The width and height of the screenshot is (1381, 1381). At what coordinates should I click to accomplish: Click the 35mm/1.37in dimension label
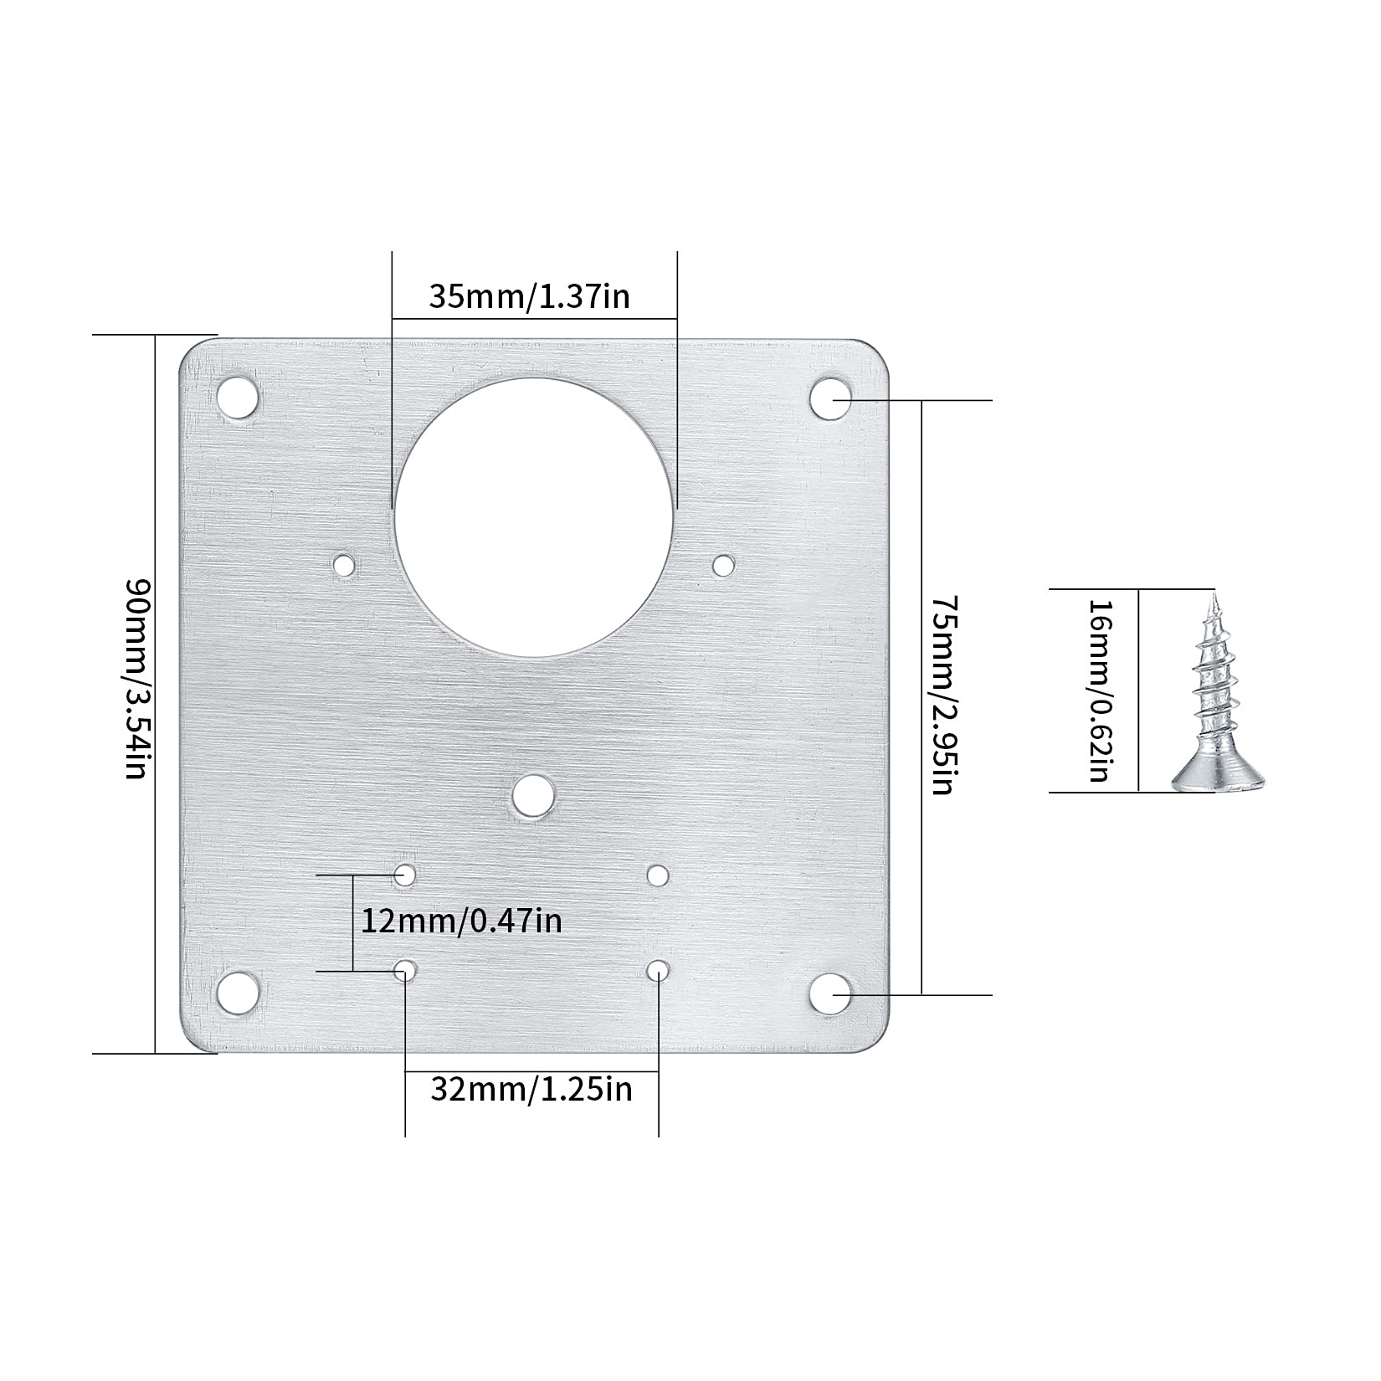click(x=529, y=297)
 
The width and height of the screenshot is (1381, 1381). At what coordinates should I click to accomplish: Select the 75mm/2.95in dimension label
click(x=942, y=695)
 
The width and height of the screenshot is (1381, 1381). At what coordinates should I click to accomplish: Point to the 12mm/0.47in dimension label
click(x=461, y=922)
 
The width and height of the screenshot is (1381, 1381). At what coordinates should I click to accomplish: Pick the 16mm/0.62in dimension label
click(x=1100, y=690)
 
